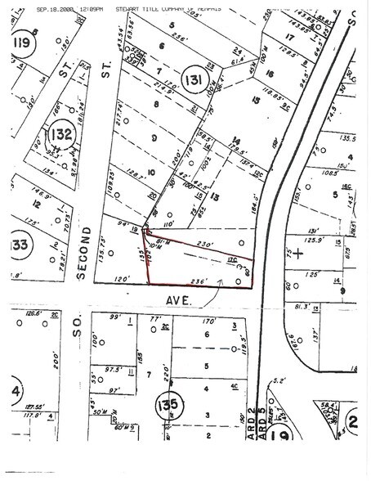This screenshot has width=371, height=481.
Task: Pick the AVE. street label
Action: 181,301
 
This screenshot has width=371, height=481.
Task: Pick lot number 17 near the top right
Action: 290,37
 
